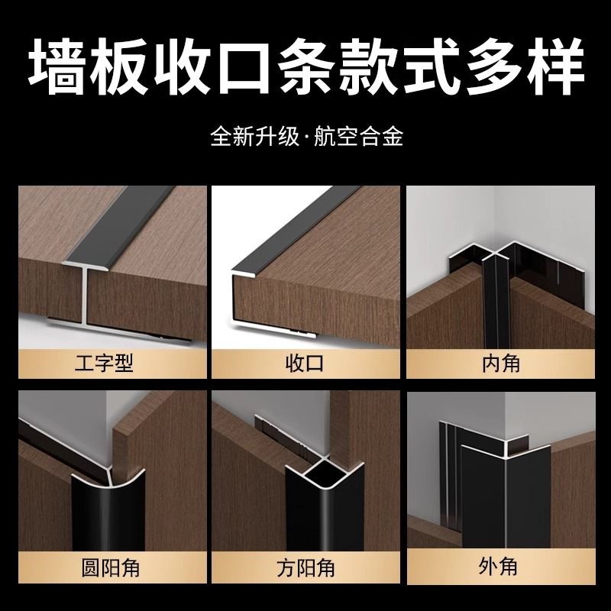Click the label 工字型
coord(104,364)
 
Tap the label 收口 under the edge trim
coord(305,364)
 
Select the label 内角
coord(501,364)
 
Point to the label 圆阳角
coord(110,567)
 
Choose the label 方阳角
coord(306,567)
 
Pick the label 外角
coord(498,566)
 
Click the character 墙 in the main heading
coord(57,66)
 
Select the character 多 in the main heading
coord(492,66)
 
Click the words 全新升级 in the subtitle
coord(255,136)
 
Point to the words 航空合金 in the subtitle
coord(358,136)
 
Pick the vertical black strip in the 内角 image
coord(496,304)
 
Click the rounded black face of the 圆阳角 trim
coord(108,510)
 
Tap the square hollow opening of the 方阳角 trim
coord(319,475)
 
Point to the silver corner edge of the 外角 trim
coord(506,503)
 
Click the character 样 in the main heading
coord(554,66)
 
